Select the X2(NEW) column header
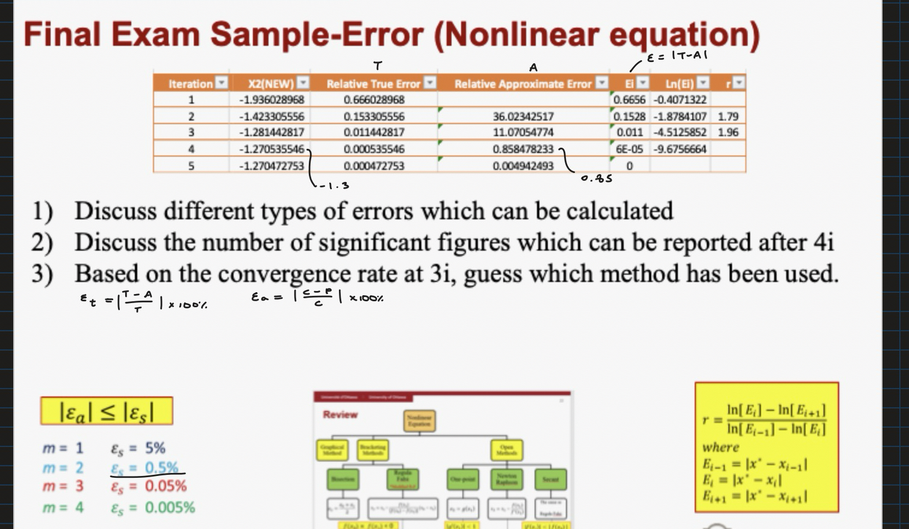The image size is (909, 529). [x=271, y=84]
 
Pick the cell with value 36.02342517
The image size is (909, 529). [x=523, y=116]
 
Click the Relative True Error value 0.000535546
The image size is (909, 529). [x=374, y=149]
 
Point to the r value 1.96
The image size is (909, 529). [x=728, y=133]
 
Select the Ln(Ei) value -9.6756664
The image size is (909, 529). [x=680, y=149]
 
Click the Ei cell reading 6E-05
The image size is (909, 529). [x=629, y=149]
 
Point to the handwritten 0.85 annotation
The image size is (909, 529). [x=597, y=179]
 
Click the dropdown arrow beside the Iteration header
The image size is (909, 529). [x=222, y=83]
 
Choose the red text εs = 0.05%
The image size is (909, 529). [x=148, y=486]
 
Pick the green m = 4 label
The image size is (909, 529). [x=63, y=508]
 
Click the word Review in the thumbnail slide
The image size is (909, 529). [x=340, y=415]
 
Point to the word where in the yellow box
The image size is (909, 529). [x=721, y=448]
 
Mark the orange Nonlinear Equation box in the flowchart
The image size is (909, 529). [x=419, y=421]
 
